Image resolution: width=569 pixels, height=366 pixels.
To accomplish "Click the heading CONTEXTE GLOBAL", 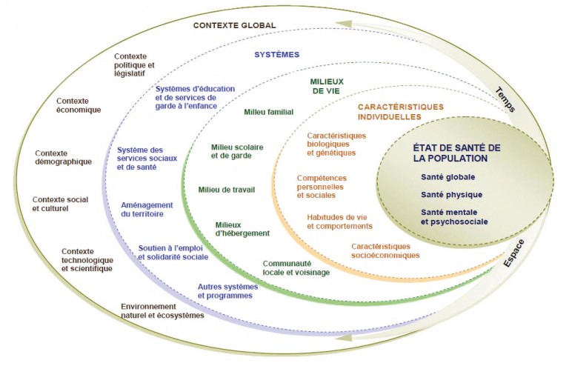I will (x=234, y=25).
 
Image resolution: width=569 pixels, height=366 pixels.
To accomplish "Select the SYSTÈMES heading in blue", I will (x=276, y=54).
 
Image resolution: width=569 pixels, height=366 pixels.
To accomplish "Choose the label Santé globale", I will (x=447, y=176).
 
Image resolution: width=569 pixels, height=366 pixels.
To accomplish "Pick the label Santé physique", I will (x=451, y=195).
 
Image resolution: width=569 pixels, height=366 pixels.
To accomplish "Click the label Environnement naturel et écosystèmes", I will (x=162, y=310).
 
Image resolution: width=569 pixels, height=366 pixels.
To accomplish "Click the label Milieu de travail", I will (x=227, y=190).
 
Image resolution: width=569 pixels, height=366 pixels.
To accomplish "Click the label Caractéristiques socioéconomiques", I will (x=385, y=250).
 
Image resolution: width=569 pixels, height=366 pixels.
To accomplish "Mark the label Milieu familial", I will (x=269, y=113).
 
